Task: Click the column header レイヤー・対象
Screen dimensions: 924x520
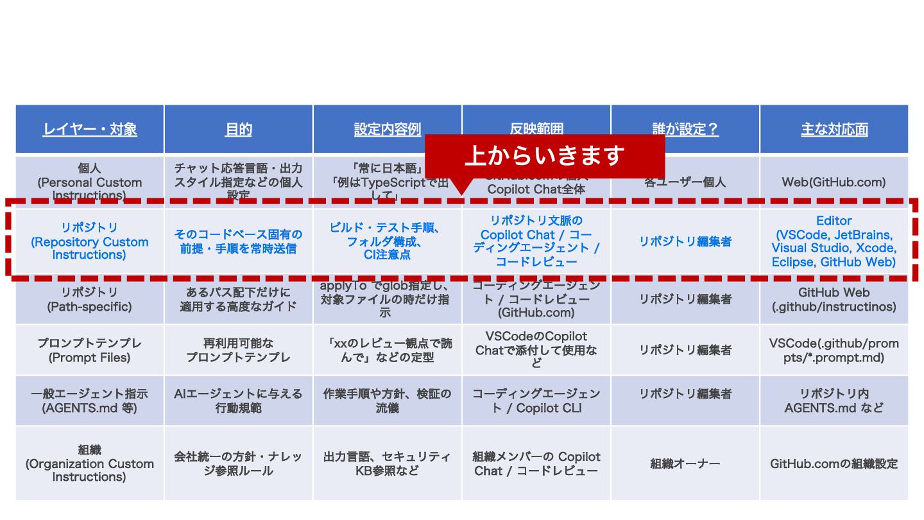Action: click(x=90, y=129)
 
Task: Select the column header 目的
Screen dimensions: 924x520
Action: click(x=238, y=129)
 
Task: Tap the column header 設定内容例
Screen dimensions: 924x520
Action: click(x=387, y=129)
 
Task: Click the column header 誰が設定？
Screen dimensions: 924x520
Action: click(x=685, y=129)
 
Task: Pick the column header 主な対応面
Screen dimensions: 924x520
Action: click(x=834, y=129)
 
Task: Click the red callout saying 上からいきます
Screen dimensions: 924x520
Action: click(x=544, y=155)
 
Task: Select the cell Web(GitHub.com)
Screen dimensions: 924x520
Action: click(x=834, y=182)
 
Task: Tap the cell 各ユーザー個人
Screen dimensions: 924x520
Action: click(x=685, y=182)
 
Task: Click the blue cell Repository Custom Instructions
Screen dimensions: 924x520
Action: click(x=90, y=241)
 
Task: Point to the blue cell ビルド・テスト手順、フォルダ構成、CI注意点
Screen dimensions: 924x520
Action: click(x=387, y=241)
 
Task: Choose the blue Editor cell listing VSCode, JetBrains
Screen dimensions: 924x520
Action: click(x=834, y=241)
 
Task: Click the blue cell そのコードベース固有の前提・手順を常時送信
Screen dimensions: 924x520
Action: click(x=238, y=241)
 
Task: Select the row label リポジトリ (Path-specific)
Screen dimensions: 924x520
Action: click(x=90, y=300)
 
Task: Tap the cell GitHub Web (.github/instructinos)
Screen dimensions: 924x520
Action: click(x=834, y=300)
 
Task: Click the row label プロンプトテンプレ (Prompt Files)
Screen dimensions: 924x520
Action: click(x=90, y=351)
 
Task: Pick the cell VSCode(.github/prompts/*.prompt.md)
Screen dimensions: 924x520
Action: click(x=834, y=351)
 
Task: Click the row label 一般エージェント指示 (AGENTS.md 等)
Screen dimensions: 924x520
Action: click(x=90, y=401)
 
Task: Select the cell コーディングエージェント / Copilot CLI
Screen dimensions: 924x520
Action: click(x=536, y=401)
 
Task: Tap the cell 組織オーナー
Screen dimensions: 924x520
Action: click(x=685, y=464)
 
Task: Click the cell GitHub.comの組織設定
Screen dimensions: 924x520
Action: click(x=834, y=464)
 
